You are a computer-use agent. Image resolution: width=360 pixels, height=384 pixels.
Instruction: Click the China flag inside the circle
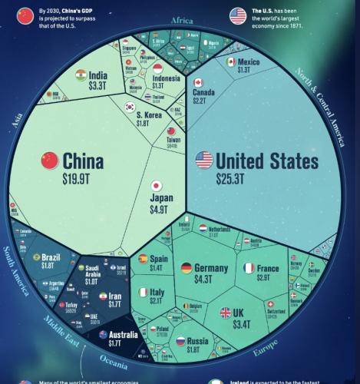(x=50, y=161)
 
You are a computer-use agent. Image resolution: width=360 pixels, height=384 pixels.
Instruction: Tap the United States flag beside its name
(x=204, y=161)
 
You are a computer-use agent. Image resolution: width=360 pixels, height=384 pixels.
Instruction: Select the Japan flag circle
(x=156, y=185)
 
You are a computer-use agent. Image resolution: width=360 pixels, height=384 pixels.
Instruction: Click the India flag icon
(x=81, y=74)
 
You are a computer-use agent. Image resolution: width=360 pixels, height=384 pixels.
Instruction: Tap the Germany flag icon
(x=186, y=268)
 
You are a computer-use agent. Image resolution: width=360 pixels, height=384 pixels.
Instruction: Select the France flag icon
(x=249, y=268)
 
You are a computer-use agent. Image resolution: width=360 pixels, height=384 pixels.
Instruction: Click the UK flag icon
(x=226, y=313)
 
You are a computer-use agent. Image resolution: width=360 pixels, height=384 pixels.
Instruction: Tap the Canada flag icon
(x=198, y=82)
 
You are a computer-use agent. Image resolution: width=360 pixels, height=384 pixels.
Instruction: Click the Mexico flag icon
(x=230, y=61)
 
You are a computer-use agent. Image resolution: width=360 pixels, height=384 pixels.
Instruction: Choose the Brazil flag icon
(x=35, y=257)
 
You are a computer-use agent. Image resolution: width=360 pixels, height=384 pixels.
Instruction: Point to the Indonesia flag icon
(x=157, y=69)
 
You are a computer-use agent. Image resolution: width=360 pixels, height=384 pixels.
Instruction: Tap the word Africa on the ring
(x=181, y=21)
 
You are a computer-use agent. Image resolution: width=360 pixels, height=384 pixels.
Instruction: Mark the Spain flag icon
(x=143, y=259)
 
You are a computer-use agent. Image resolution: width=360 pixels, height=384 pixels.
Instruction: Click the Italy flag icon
(x=143, y=292)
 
